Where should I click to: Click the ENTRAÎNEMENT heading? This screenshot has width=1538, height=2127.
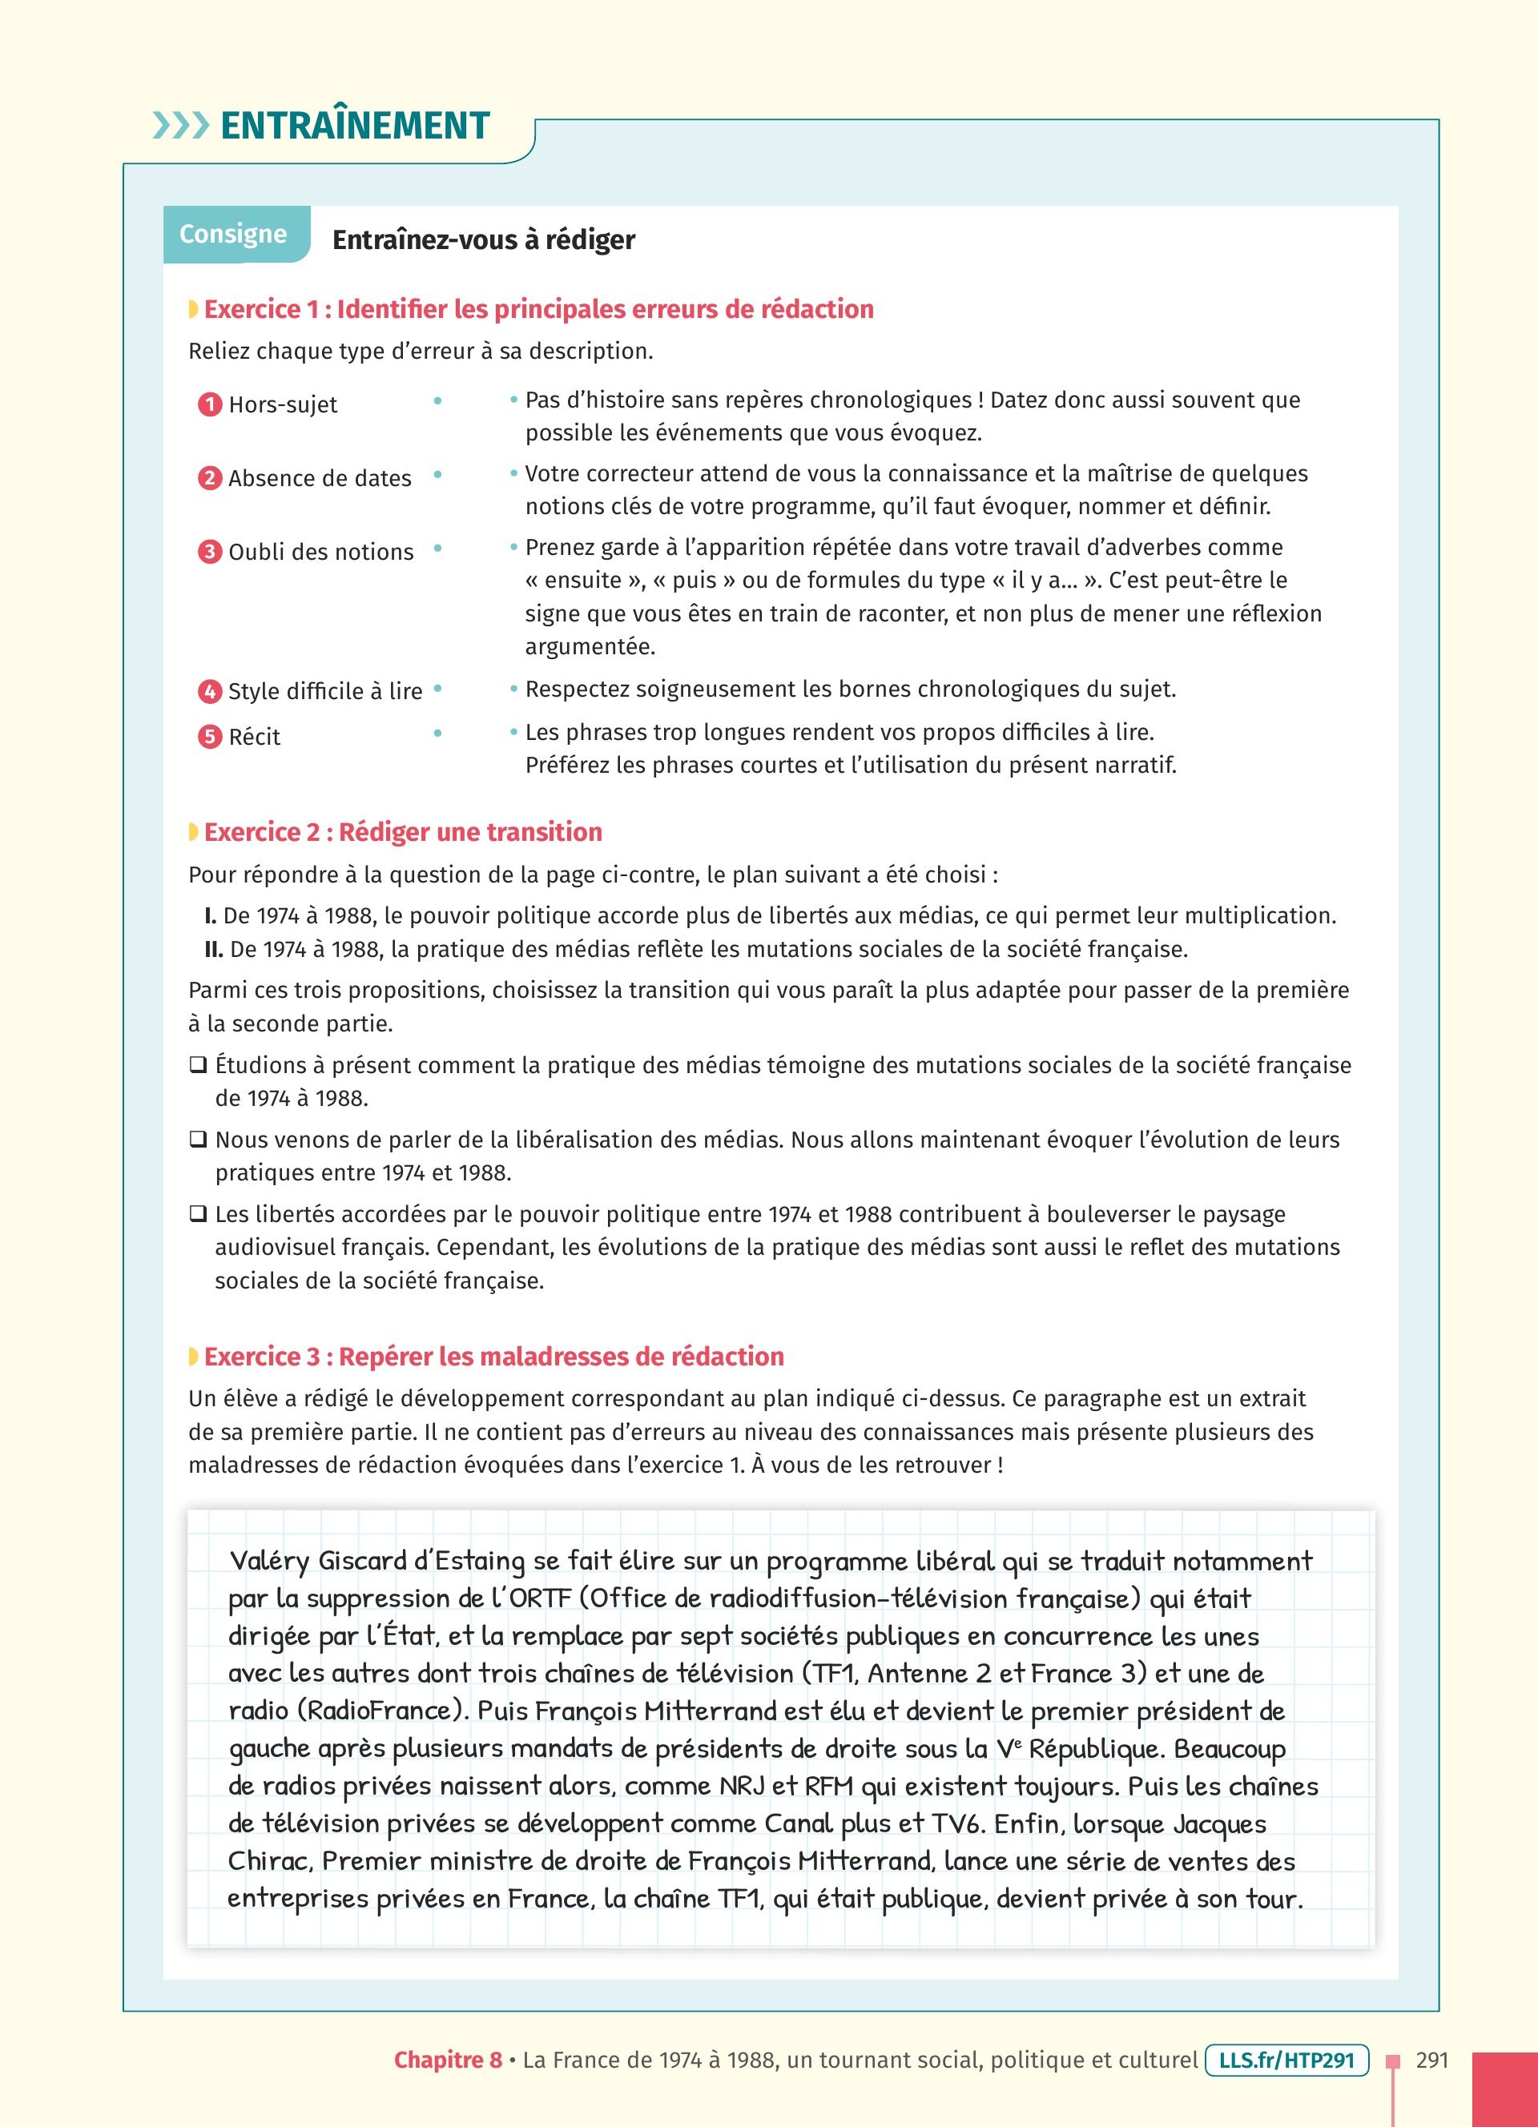click(x=355, y=126)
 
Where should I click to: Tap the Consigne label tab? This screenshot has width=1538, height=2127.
click(x=232, y=234)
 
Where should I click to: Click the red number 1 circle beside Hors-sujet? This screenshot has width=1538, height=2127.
click(x=209, y=405)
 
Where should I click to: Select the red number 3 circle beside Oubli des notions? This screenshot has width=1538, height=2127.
click(x=209, y=553)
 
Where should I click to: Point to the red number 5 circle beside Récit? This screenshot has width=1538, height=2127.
click(x=209, y=737)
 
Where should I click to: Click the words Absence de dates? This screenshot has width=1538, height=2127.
click(x=320, y=478)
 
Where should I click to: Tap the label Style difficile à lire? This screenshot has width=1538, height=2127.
click(x=324, y=691)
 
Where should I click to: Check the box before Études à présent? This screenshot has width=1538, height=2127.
click(x=198, y=1065)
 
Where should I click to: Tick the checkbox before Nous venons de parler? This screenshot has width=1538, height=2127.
click(x=198, y=1140)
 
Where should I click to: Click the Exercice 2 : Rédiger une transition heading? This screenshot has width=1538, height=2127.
click(x=402, y=832)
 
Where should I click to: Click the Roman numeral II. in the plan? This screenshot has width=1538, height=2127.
click(x=213, y=949)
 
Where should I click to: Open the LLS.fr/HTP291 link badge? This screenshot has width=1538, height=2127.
click(x=1286, y=2061)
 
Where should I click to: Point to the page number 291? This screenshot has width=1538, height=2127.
click(x=1432, y=2061)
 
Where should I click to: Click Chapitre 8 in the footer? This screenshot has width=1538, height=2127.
click(x=447, y=2061)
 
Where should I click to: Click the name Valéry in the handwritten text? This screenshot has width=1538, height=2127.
click(x=269, y=1562)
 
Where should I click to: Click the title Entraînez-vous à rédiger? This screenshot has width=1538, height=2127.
click(x=484, y=240)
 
